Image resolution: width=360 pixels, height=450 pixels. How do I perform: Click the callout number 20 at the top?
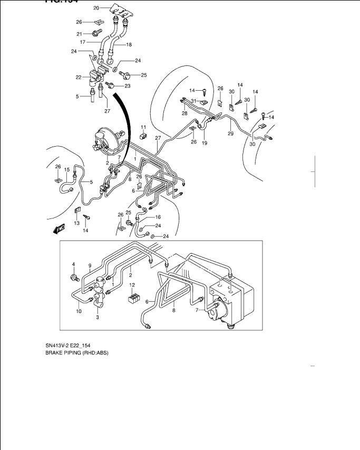tap(96, 8)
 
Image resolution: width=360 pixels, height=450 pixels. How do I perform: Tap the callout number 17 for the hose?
tap(83, 42)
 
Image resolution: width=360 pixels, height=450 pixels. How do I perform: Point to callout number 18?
tap(129, 44)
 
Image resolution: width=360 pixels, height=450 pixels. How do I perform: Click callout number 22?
tap(79, 78)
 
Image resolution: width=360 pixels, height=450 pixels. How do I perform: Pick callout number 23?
tap(127, 86)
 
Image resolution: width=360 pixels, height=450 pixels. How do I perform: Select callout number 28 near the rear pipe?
tap(184, 113)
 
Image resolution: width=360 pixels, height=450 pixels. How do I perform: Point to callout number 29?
tap(230, 134)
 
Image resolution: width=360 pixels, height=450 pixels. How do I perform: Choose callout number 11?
tap(143, 127)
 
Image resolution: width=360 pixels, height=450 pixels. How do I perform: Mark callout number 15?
tap(67, 169)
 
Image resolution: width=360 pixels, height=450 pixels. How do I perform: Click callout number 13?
tap(76, 223)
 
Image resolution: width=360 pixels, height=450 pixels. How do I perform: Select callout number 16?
tap(158, 217)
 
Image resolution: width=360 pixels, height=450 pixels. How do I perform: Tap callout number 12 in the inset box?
tap(133, 285)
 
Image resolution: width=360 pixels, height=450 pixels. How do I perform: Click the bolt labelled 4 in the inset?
tap(73, 276)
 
